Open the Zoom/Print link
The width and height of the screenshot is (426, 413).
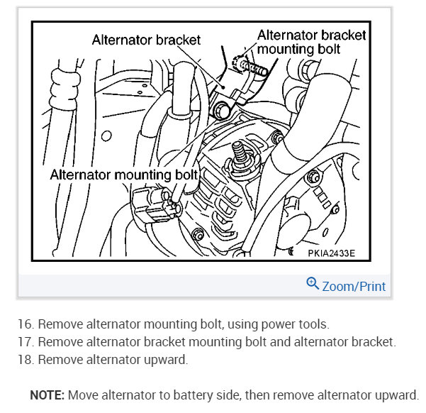354,287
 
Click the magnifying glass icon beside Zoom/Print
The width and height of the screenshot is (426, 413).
313,285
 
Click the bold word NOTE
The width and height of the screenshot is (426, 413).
46,395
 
